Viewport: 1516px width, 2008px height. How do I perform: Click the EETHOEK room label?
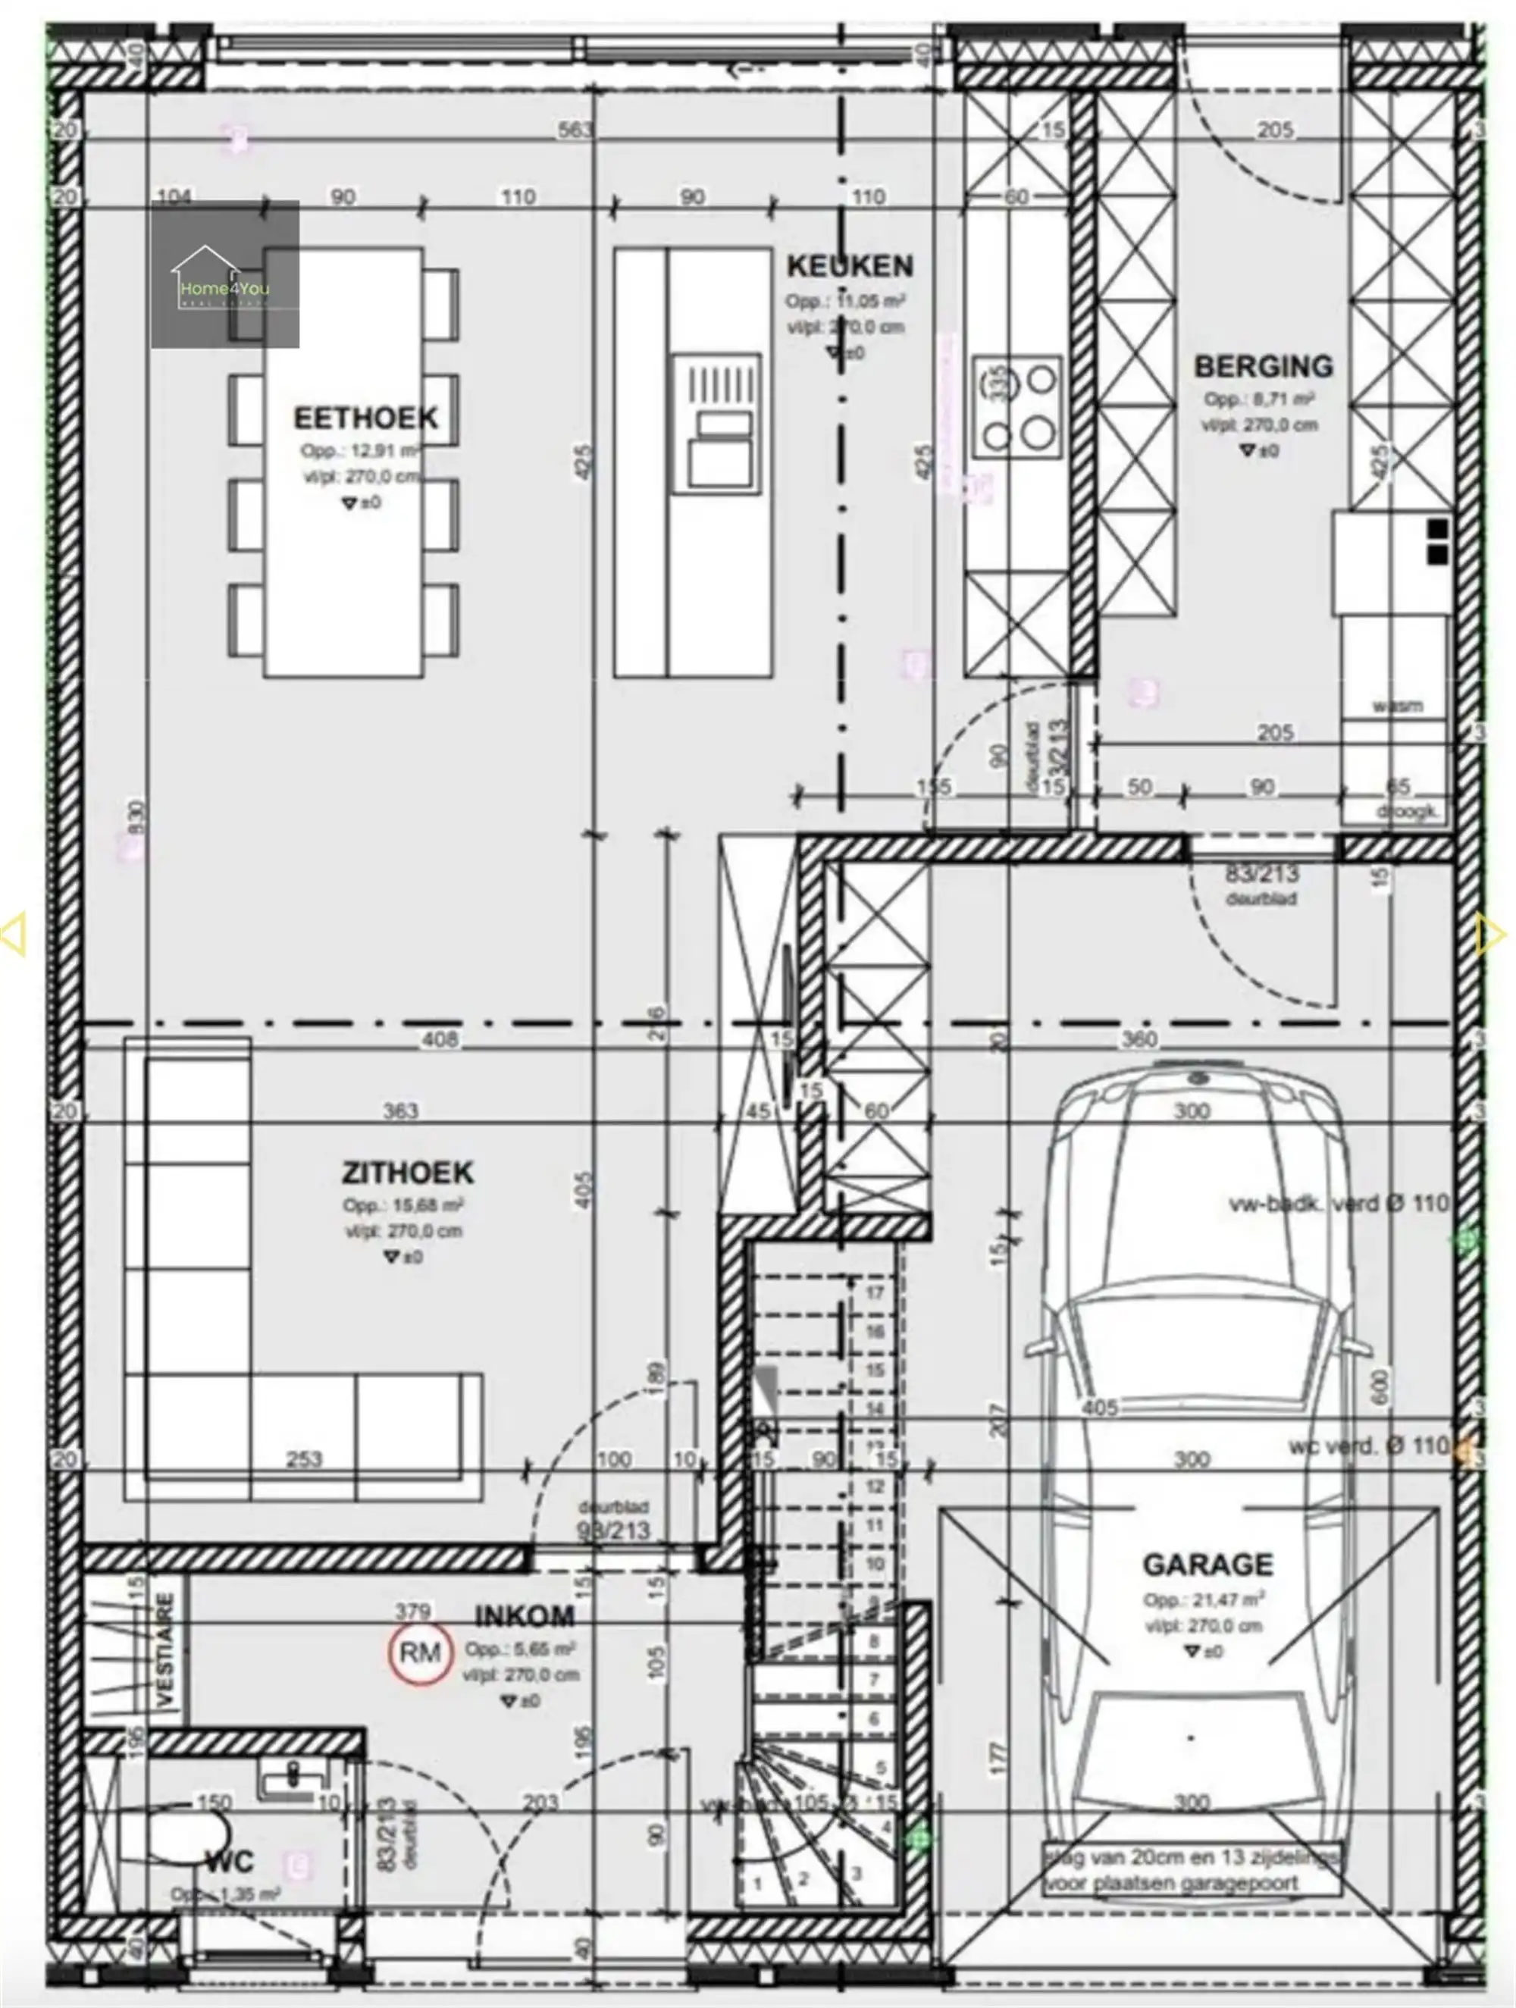pos(365,418)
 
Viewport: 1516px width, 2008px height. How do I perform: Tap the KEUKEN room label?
pos(849,266)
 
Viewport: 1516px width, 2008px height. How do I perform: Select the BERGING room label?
pos(1263,366)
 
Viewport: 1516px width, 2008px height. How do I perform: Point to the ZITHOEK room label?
pos(408,1172)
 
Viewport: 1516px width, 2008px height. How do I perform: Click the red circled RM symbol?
pos(420,1652)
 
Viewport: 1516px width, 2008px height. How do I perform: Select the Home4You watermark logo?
pos(224,274)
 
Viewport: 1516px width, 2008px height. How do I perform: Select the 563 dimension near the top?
pos(575,130)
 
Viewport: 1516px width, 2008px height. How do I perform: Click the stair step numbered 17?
pos(875,1292)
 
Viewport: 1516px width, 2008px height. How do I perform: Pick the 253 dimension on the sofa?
pos(304,1458)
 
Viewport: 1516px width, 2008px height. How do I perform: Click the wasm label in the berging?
pos(1397,706)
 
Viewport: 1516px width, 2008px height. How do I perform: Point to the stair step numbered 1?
pos(758,1884)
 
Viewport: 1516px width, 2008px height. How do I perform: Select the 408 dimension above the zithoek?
pos(440,1039)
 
